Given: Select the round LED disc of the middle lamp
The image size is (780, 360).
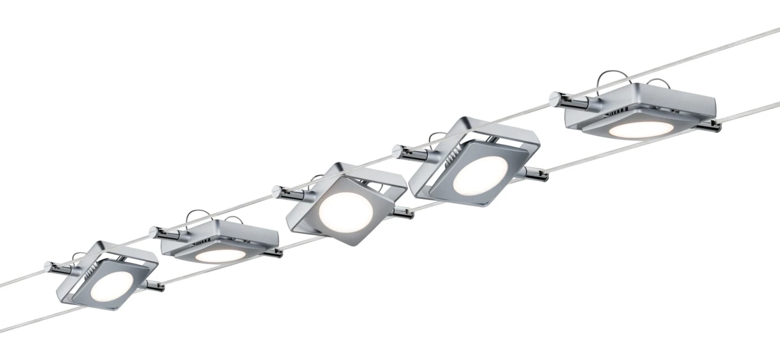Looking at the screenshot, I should (x=343, y=210).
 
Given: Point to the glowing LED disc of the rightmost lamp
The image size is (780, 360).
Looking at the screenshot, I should (x=638, y=129).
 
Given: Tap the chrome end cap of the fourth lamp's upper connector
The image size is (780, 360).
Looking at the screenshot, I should (x=397, y=151).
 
